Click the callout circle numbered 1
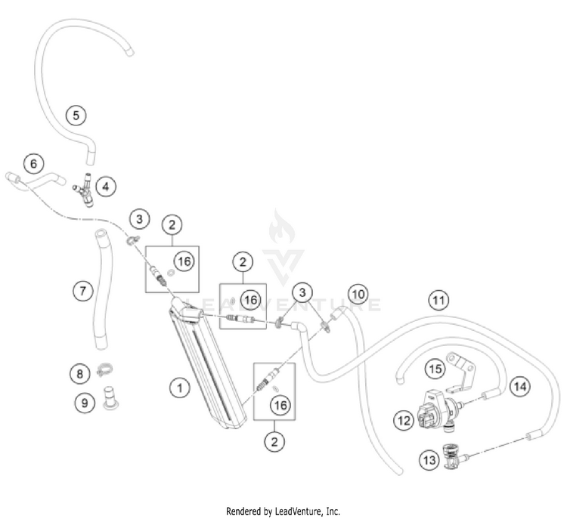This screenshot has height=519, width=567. (178, 388)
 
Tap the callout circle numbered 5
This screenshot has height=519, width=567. (76, 116)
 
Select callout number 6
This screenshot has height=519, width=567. (33, 163)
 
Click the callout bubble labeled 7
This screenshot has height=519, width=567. (83, 289)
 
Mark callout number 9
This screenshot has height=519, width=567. (82, 403)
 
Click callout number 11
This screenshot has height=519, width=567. (438, 299)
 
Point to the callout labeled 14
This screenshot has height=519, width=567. (518, 386)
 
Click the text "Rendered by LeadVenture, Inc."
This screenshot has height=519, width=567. (283, 511)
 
